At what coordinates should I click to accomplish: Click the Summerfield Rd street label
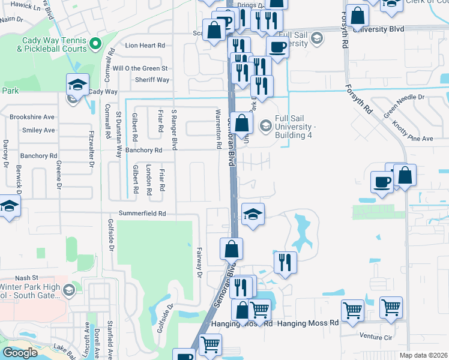pyautogui.click(x=142, y=213)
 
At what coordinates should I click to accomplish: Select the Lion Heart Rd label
pyautogui.click(x=144, y=46)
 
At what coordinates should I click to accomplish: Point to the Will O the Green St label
pyautogui.click(x=143, y=69)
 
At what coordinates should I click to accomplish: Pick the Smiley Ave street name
pyautogui.click(x=38, y=130)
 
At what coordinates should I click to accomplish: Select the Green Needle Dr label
pyautogui.click(x=404, y=104)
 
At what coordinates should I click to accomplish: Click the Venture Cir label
pyautogui.click(x=376, y=337)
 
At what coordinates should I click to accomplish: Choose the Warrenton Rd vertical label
pyautogui.click(x=219, y=129)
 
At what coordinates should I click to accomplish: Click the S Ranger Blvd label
pyautogui.click(x=174, y=129)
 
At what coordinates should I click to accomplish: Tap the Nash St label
pyautogui.click(x=26, y=278)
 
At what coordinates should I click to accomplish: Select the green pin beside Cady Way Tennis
pyautogui.click(x=94, y=43)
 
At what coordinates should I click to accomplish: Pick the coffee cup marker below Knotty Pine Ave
pyautogui.click(x=382, y=182)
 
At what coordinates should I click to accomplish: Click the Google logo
pyautogui.click(x=20, y=353)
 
